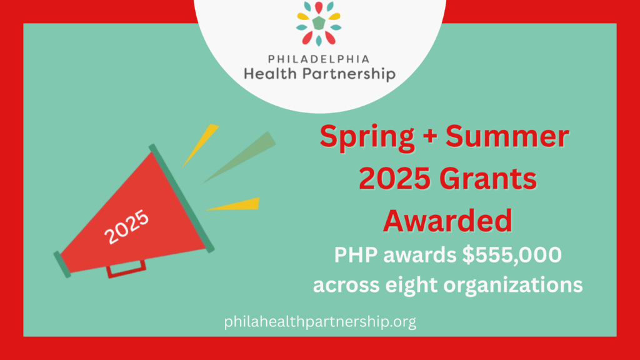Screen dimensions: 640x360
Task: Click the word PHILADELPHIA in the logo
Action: coord(319,59)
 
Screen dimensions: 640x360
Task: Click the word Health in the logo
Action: coord(270,74)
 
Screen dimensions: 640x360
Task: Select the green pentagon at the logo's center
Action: coord(319,23)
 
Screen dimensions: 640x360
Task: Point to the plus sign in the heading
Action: coord(430,136)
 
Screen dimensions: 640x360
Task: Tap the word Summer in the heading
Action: coord(507,136)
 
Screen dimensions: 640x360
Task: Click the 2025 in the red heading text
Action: coord(395,179)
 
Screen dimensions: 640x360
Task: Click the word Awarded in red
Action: coord(447,221)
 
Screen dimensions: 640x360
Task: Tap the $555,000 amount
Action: coord(512,255)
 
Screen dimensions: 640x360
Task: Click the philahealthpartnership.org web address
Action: coord(320,322)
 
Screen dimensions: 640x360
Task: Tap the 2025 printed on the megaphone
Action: coord(126,226)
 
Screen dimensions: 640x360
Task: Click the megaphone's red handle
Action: coord(126,269)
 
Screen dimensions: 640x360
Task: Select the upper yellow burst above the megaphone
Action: coord(201,144)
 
